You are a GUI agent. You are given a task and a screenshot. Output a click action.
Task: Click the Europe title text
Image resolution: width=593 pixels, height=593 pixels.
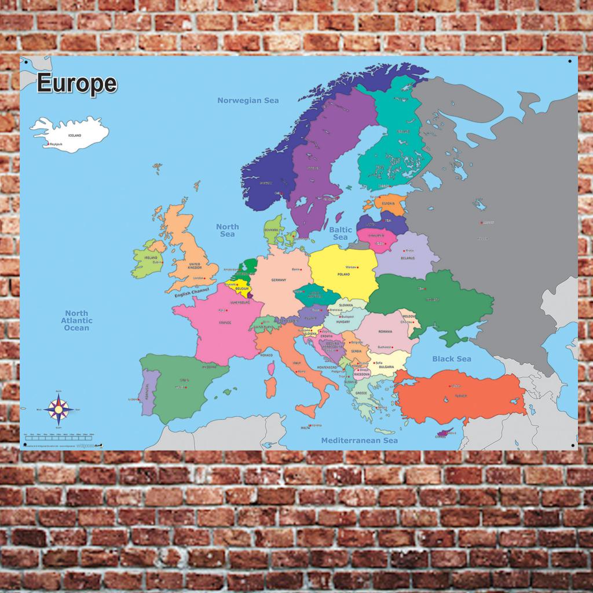[76, 84]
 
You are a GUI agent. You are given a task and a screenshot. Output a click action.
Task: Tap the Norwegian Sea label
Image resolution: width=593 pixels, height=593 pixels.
[248, 100]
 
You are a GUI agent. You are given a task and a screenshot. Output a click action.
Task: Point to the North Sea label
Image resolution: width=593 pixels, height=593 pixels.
[227, 230]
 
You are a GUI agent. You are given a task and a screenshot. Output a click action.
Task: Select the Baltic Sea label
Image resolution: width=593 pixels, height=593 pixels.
[341, 233]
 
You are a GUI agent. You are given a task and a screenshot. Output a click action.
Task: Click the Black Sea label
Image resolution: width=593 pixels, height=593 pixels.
[452, 358]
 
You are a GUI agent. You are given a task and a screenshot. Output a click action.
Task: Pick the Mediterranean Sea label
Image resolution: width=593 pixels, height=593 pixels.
[360, 441]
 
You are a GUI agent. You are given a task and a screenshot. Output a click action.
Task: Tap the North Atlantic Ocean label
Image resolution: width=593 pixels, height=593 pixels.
[77, 320]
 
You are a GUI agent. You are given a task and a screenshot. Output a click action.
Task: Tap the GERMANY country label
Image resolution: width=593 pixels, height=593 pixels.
[279, 280]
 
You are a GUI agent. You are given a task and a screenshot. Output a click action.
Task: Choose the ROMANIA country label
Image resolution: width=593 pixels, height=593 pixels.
[385, 332]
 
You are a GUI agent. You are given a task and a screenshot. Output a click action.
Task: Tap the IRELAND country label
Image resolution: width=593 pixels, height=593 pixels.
[151, 258]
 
